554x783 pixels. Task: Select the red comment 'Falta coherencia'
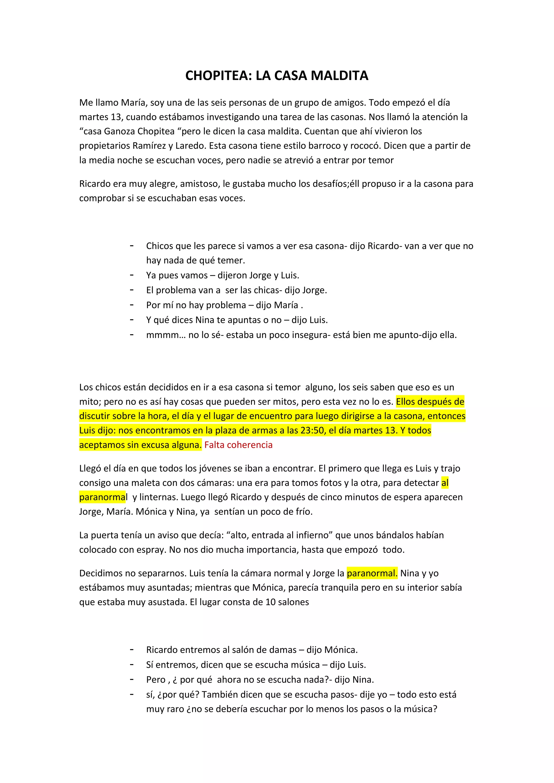[238, 445]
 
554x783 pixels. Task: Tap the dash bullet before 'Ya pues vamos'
[132, 275]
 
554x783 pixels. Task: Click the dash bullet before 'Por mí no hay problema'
[132, 304]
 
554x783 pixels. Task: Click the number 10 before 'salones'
[271, 602]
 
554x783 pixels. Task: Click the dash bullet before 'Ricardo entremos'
[132, 649]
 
